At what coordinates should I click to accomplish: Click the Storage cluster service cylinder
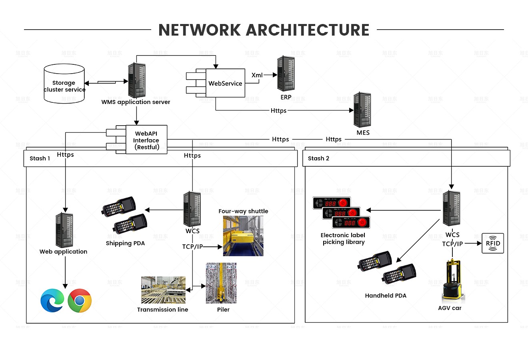click(x=64, y=84)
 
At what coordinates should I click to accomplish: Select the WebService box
click(x=225, y=83)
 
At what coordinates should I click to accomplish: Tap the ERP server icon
click(x=286, y=74)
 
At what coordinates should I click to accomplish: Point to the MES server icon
click(x=362, y=110)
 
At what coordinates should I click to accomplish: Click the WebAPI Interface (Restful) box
click(x=146, y=140)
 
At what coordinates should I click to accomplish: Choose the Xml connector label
click(x=257, y=75)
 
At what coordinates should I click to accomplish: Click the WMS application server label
click(x=136, y=102)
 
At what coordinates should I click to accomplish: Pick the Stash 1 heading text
click(x=40, y=158)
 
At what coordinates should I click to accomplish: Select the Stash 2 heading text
click(x=318, y=158)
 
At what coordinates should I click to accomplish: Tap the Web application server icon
click(x=64, y=230)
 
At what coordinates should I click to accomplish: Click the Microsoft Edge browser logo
click(x=52, y=300)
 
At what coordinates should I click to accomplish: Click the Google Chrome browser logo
click(x=80, y=300)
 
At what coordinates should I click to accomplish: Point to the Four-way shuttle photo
click(x=243, y=236)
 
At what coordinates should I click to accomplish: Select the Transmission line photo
click(x=163, y=290)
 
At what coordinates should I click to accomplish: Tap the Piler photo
click(x=221, y=283)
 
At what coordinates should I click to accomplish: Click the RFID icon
click(x=493, y=243)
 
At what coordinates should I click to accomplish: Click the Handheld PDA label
click(x=386, y=296)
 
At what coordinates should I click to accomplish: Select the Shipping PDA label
click(x=125, y=243)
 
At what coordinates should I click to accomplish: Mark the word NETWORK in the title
click(x=199, y=30)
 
